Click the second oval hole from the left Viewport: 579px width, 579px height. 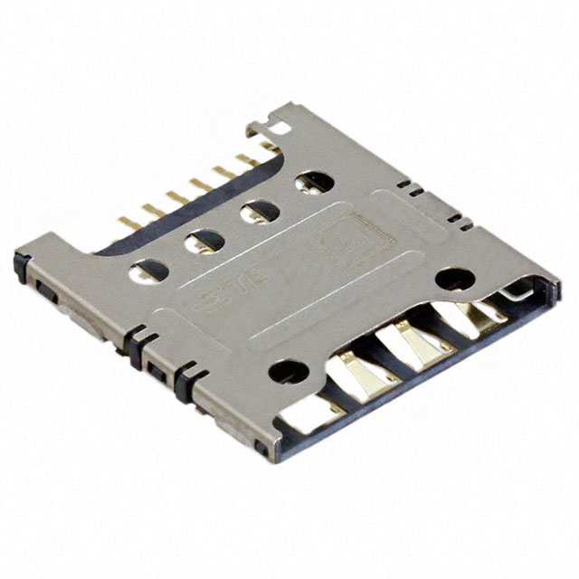click(x=204, y=241)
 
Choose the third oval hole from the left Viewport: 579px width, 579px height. click(x=261, y=212)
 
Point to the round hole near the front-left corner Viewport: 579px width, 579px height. click(x=289, y=370)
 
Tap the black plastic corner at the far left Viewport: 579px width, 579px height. click(x=20, y=265)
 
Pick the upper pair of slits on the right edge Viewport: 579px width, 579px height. click(x=410, y=188)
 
